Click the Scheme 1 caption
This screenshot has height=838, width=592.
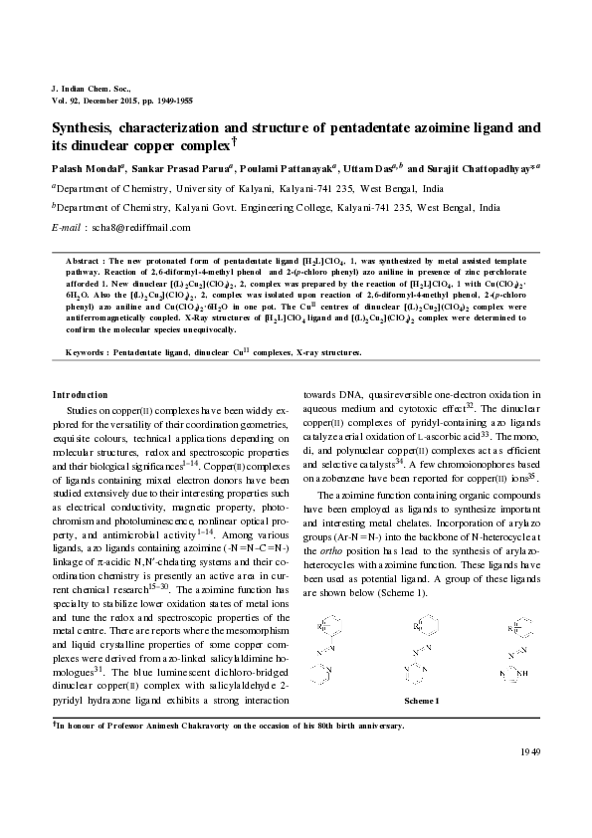click(421, 701)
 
